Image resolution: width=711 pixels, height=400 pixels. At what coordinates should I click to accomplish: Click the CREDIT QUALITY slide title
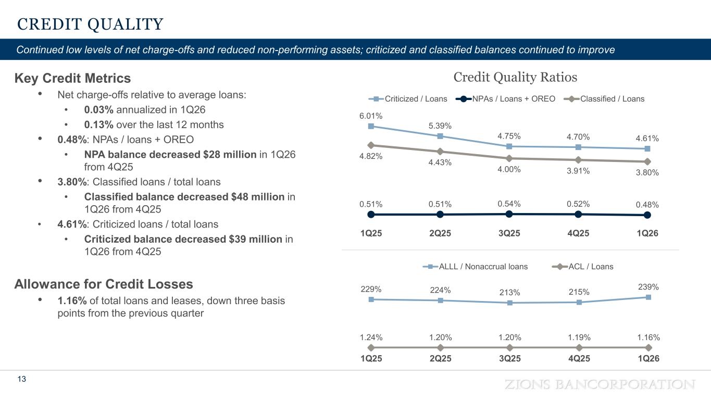pos(91,24)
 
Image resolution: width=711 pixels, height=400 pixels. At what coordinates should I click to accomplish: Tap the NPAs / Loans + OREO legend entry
pos(506,99)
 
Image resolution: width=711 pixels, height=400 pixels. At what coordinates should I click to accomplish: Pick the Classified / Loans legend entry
pos(606,99)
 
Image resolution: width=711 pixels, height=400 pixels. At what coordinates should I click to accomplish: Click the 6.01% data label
pos(370,116)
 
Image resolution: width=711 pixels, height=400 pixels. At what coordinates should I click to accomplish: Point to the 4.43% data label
pos(440,162)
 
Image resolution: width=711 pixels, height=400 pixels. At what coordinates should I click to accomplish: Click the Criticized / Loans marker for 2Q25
pos(440,136)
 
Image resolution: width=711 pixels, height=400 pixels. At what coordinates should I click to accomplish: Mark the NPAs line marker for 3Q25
pos(509,214)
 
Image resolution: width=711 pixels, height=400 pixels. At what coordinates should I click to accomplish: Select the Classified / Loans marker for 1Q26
pos(647,161)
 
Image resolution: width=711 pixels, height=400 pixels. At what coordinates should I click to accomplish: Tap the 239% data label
pos(648,287)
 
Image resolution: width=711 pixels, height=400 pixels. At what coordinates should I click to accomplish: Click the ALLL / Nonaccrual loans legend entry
pos(477,267)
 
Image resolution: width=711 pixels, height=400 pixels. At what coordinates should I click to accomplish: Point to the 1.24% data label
pos(370,337)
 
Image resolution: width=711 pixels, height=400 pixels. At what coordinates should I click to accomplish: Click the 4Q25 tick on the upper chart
pos(579,233)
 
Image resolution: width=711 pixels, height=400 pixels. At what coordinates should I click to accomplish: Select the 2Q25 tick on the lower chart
pos(440,359)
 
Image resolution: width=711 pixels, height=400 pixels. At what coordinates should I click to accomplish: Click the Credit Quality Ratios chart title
pos(515,78)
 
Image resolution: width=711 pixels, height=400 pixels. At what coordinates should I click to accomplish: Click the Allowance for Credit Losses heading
pos(104,284)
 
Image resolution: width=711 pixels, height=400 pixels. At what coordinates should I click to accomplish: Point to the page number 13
pos(22,379)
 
